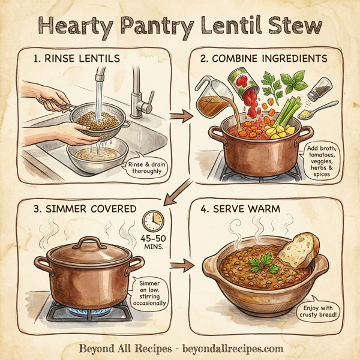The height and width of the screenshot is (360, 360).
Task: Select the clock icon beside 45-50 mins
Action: pyautogui.click(x=153, y=220)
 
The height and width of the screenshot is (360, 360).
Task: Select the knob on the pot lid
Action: pyautogui.click(x=88, y=242)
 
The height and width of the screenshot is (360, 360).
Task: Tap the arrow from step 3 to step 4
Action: pyautogui.click(x=179, y=265)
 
